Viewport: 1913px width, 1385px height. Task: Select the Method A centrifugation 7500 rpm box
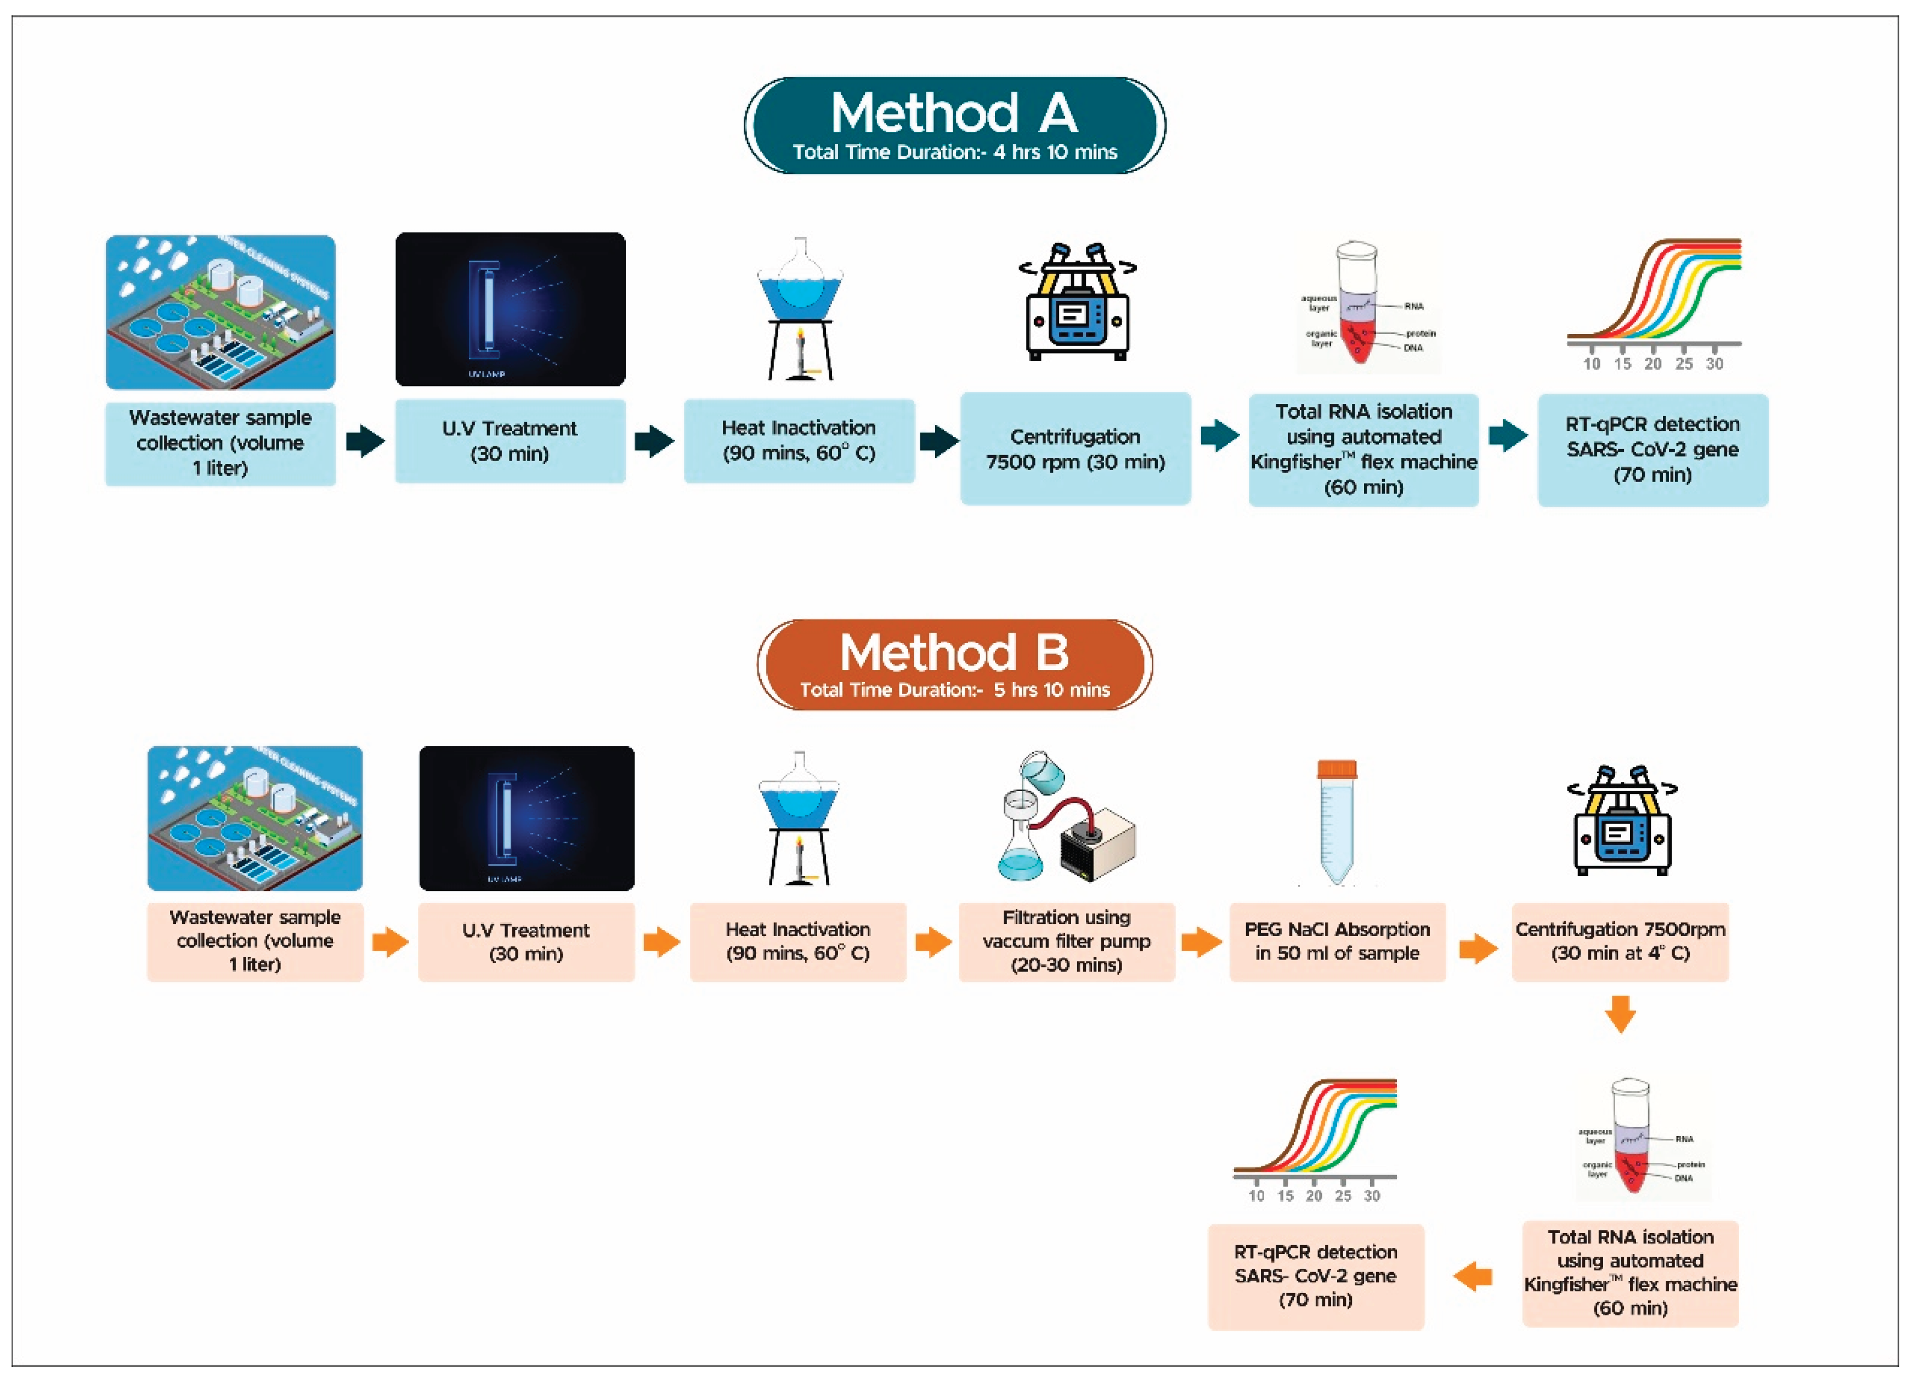(x=1076, y=449)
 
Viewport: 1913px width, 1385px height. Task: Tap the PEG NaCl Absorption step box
(x=1337, y=941)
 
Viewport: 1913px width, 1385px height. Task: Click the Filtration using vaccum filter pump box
(x=1066, y=941)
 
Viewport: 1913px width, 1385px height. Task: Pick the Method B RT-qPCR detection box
(x=1316, y=1276)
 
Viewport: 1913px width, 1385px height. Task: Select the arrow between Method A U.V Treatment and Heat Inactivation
(x=654, y=440)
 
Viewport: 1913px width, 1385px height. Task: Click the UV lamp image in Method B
(x=527, y=818)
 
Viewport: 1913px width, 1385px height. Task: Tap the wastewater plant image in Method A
(x=220, y=312)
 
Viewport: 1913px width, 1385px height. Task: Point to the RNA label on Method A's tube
(x=1414, y=306)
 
